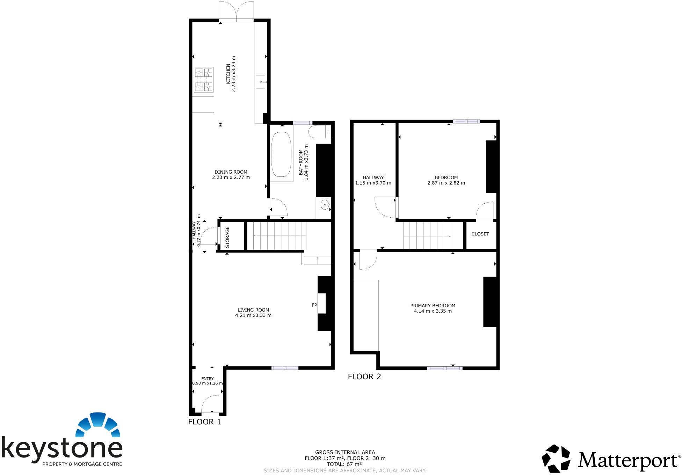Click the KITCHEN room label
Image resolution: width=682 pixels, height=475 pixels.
[228, 74]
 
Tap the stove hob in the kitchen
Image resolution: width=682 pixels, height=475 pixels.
[203, 80]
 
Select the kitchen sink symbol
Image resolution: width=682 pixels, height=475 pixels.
[261, 82]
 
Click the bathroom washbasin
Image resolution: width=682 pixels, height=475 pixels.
[325, 205]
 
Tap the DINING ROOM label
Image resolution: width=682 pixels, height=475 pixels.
[231, 172]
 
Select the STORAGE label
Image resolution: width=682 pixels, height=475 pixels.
[227, 237]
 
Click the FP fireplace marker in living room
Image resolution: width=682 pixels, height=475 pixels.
[314, 305]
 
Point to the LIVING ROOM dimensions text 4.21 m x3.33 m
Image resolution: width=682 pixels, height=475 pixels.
[253, 315]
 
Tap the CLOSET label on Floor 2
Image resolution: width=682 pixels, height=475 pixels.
[480, 234]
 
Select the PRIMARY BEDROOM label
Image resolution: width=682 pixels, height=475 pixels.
[433, 306]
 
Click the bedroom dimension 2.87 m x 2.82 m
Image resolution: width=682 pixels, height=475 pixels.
[446, 183]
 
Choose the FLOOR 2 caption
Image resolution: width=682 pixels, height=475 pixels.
[364, 377]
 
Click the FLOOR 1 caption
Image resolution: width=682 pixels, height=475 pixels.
[204, 422]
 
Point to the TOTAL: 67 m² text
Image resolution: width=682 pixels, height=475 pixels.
[344, 464]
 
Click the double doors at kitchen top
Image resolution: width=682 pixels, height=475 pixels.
[236, 11]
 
